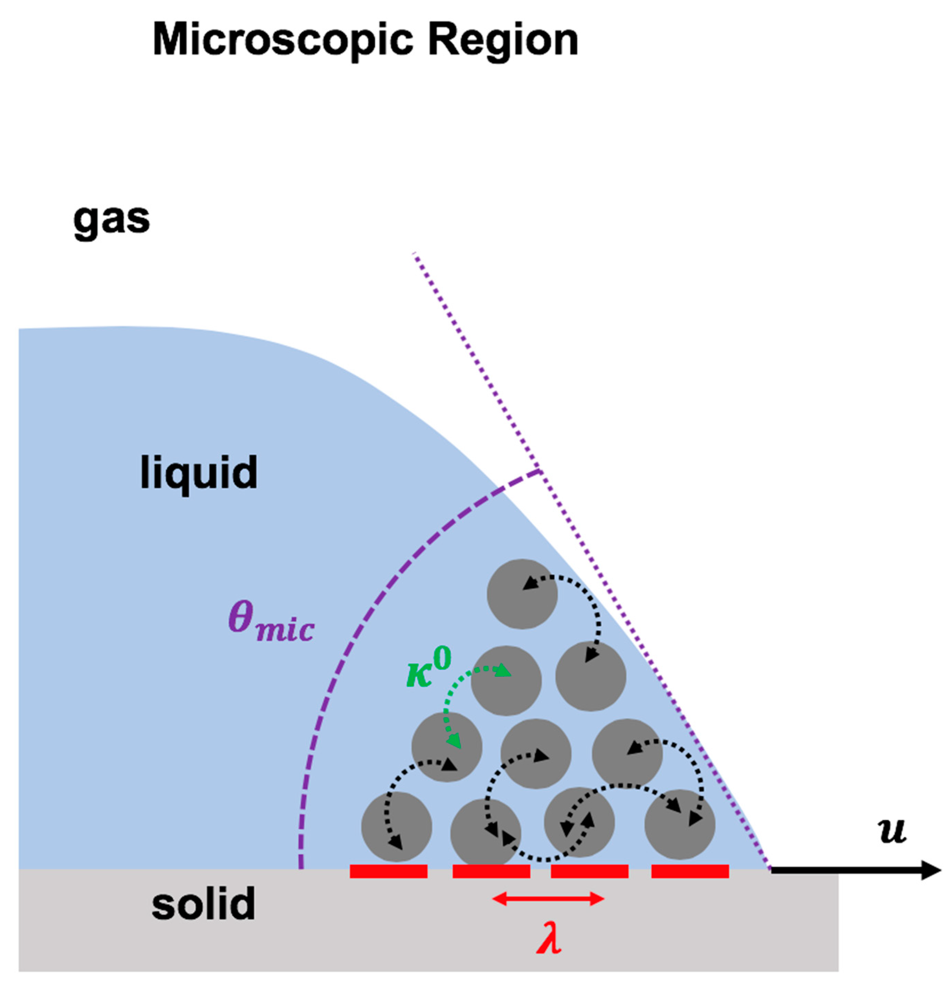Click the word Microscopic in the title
pyautogui.click(x=282, y=41)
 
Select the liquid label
pyautogui.click(x=199, y=472)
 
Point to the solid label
pyautogui.click(x=203, y=903)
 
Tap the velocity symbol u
pyautogui.click(x=892, y=830)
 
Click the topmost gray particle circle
pyautogui.click(x=522, y=594)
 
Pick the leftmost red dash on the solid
pyautogui.click(x=388, y=871)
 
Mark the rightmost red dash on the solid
pyautogui.click(x=690, y=871)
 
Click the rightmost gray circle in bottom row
pyautogui.click(x=679, y=824)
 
